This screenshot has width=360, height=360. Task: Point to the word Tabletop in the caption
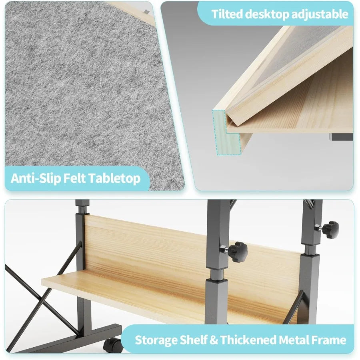pos(116,178)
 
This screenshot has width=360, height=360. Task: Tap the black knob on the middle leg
pos(239,252)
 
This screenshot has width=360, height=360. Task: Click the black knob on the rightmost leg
pos(330,229)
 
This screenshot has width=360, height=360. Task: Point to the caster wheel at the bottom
pos(113,344)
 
